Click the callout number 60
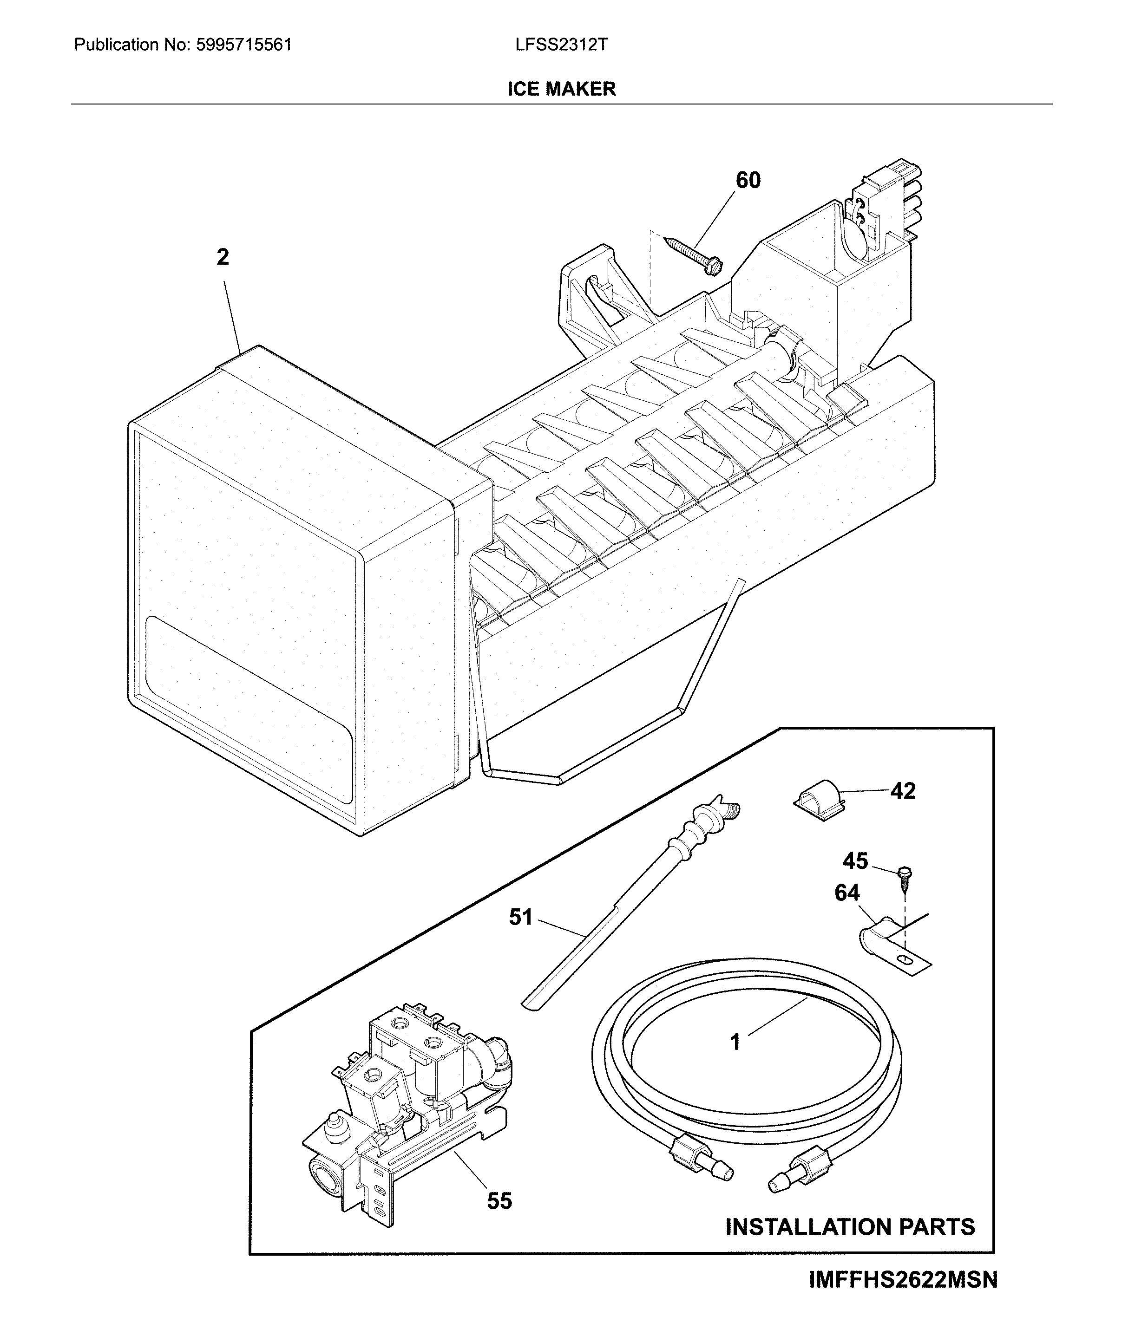[x=748, y=181]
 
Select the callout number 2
[x=222, y=257]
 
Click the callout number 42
[x=902, y=791]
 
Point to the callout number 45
[x=855, y=861]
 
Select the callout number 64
[x=847, y=893]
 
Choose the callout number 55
[x=499, y=1201]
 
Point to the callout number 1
[x=735, y=1042]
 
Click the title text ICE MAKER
[x=561, y=89]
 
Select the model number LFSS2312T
[x=561, y=45]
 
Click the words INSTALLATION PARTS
[x=850, y=1226]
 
